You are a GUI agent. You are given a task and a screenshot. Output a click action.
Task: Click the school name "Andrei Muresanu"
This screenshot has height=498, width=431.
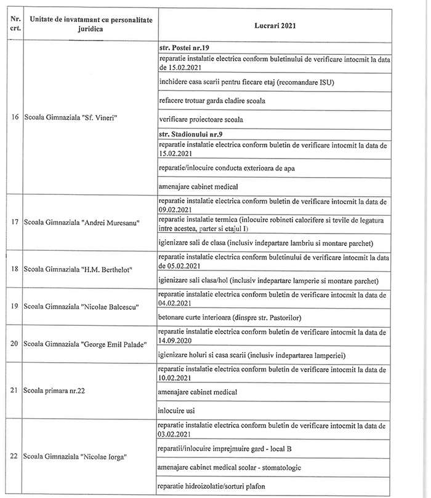82,223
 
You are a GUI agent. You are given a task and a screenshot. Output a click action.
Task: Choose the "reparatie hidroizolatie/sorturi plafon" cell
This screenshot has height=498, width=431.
211,486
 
